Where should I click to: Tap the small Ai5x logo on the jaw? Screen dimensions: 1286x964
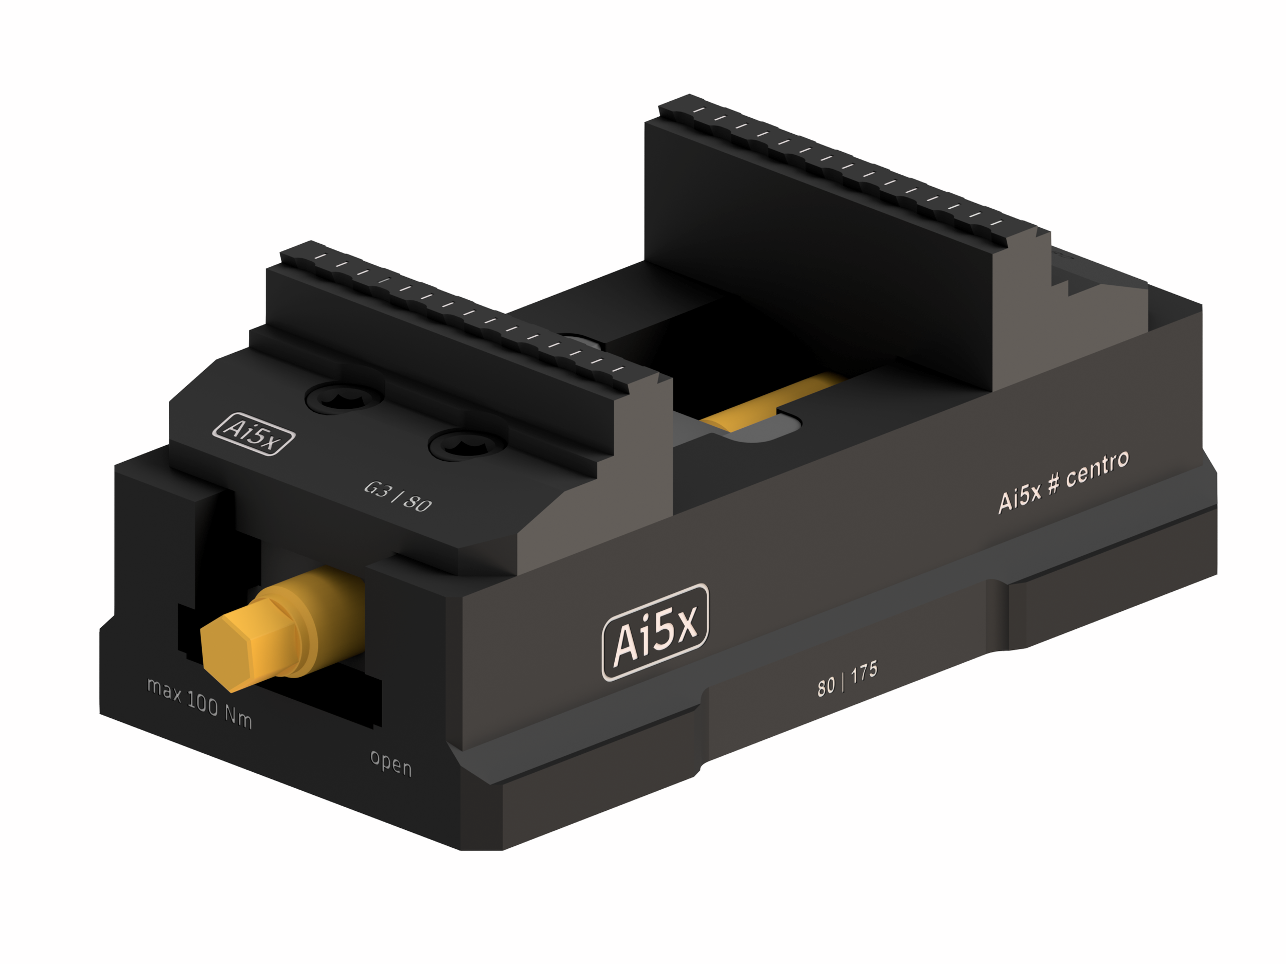(254, 433)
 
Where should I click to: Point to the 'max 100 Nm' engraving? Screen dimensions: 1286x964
(200, 704)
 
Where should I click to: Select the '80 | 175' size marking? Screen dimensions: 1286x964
(847, 679)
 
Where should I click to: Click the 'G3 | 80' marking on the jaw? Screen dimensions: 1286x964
(398, 497)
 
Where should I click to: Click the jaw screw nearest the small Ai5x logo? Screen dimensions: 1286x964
(344, 399)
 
